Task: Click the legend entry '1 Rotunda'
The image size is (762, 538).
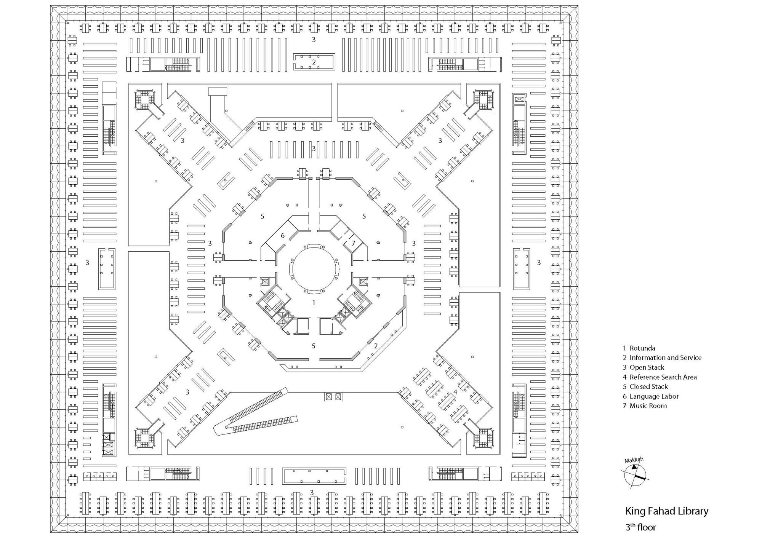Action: point(639,348)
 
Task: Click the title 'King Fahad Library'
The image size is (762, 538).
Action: point(666,511)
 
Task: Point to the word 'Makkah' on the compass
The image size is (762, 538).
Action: point(634,460)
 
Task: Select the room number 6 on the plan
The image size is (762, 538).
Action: point(282,236)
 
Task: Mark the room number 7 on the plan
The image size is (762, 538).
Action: point(353,243)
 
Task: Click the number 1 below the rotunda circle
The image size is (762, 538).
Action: point(314,303)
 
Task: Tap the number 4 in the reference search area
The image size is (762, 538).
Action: point(455,392)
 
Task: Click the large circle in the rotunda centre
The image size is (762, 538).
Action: point(314,269)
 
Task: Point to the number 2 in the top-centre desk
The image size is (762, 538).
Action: point(314,62)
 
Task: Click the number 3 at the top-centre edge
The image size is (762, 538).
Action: point(314,40)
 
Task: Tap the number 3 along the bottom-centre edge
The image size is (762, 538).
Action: point(312,492)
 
